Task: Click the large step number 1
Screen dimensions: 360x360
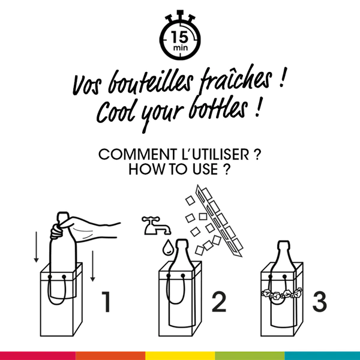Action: pos(106,302)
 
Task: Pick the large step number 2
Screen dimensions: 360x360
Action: pos(217,302)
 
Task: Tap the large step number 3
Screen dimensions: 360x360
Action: pos(319,302)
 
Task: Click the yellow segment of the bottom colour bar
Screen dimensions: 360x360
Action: pos(180,356)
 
